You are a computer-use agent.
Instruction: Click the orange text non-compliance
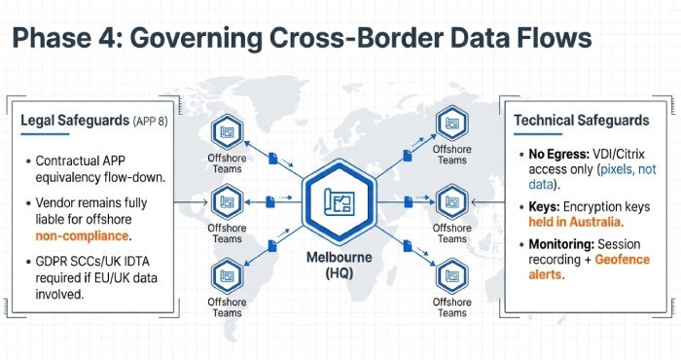[83, 235]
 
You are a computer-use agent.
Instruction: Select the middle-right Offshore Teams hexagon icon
[450, 203]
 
